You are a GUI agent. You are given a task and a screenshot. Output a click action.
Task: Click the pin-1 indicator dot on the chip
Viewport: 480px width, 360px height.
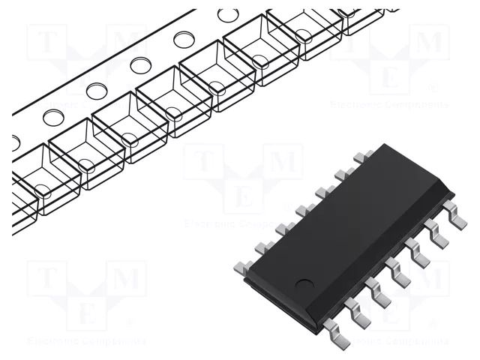click(304, 283)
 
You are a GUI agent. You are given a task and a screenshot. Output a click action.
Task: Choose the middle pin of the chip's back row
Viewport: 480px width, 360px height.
click(304, 210)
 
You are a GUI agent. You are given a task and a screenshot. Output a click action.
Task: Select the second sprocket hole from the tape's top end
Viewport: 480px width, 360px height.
click(184, 39)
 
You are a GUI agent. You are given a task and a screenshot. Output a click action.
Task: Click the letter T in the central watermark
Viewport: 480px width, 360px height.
click(204, 163)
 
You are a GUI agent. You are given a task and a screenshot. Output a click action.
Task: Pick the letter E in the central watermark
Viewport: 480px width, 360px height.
click(242, 196)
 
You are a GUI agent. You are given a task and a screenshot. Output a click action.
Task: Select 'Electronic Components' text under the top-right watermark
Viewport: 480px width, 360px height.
click(391, 105)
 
